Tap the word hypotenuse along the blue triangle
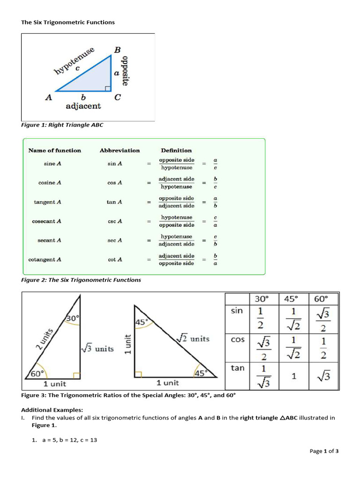[x=74, y=60]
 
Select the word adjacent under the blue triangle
[x=83, y=106]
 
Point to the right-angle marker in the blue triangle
[x=108, y=88]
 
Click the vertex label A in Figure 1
[x=48, y=97]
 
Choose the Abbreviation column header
[x=120, y=150]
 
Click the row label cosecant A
[x=46, y=221]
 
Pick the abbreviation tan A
[x=114, y=202]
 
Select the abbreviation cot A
[x=115, y=260]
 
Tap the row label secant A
[x=49, y=240]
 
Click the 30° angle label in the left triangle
[x=72, y=318]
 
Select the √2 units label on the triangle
[x=193, y=339]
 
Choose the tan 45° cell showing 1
[x=293, y=376]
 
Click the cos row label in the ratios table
[x=238, y=339]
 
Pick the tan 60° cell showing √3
[x=323, y=376]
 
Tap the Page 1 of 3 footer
[x=324, y=451]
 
